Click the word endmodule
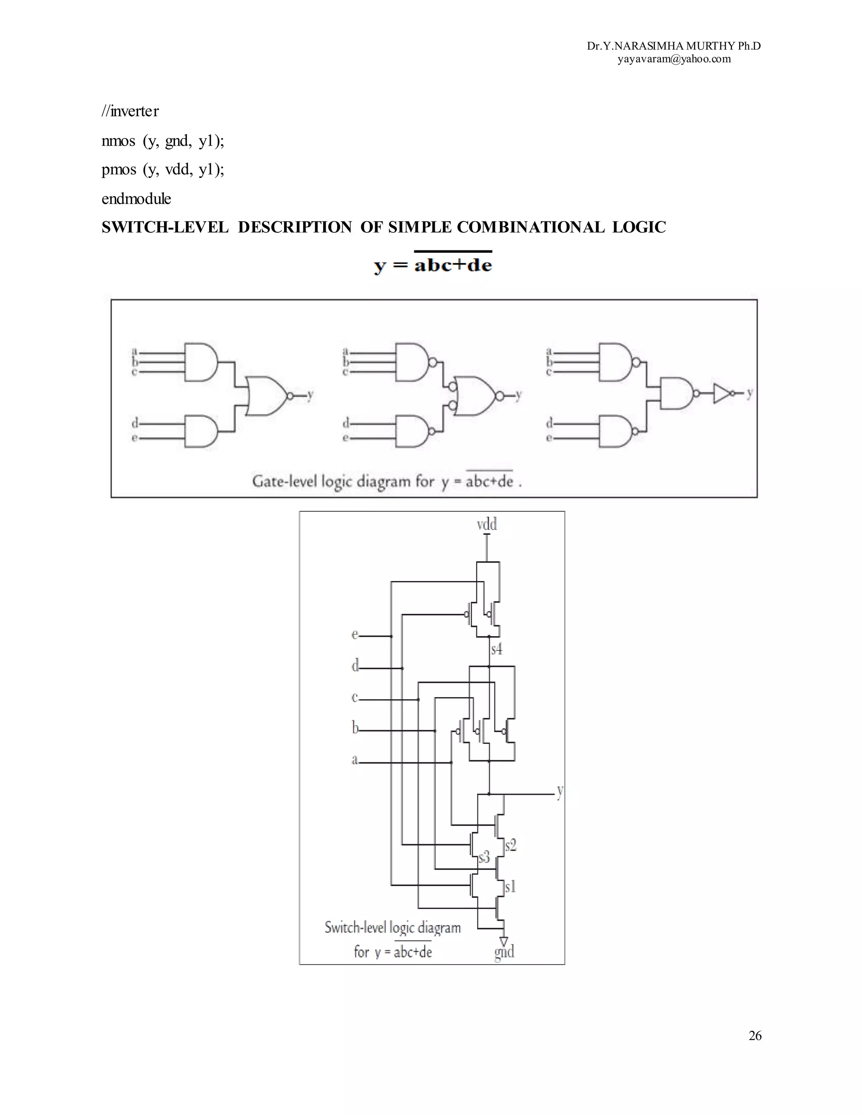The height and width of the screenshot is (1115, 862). [136, 199]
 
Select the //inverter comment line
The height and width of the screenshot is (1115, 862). [130, 111]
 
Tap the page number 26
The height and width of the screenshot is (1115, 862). [755, 1035]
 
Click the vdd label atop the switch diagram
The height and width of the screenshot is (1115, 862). [486, 524]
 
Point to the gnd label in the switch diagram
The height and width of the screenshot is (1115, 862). [504, 951]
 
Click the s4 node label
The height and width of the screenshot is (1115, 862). [496, 649]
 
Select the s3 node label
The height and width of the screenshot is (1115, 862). [484, 857]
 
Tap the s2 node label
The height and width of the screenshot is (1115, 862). [511, 845]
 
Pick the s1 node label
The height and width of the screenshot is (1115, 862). [510, 887]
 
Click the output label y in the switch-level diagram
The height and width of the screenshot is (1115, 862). [560, 791]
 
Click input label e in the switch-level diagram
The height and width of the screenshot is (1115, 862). [354, 634]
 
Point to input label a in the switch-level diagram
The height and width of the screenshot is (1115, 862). [354, 760]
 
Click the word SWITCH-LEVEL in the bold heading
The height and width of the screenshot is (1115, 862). [165, 227]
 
